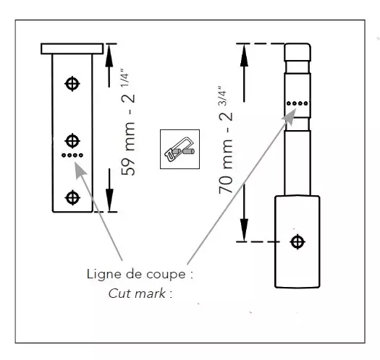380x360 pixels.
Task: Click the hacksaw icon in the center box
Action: [x=180, y=150]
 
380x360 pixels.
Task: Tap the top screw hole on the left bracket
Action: [x=72, y=84]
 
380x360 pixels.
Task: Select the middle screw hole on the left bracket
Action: [x=72, y=141]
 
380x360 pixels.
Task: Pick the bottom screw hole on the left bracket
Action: [x=72, y=197]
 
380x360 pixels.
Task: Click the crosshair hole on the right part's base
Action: [x=297, y=241]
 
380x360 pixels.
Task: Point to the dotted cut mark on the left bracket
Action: [x=72, y=155]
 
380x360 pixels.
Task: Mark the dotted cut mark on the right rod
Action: [x=297, y=103]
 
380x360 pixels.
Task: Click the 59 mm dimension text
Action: [x=128, y=149]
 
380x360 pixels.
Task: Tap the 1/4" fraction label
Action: [x=124, y=78]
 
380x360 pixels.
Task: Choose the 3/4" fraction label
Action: [x=222, y=95]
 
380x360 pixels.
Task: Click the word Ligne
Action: [x=104, y=275]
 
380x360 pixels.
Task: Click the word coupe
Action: [x=166, y=275]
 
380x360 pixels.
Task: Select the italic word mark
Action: [x=151, y=293]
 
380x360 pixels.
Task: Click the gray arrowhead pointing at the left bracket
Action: [x=80, y=170]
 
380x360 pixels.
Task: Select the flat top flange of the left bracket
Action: [x=72, y=48]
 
